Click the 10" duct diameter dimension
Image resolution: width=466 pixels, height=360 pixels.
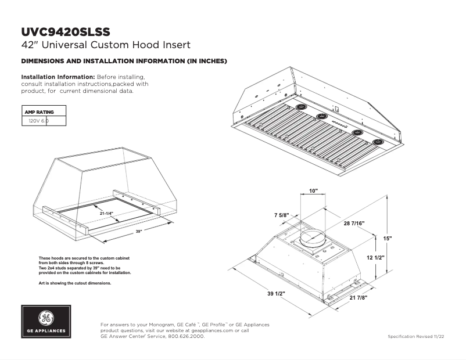pyautogui.click(x=314, y=190)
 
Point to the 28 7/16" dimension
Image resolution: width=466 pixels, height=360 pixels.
pyautogui.click(x=353, y=224)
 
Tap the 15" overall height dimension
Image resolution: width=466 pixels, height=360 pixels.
pyautogui.click(x=388, y=239)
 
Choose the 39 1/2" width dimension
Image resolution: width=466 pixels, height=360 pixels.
pyautogui.click(x=276, y=294)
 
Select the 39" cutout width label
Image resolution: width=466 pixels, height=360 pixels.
pyautogui.click(x=138, y=231)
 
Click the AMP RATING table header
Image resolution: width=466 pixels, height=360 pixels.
pyautogui.click(x=38, y=111)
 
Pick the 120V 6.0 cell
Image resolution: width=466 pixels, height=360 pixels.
pyautogui.click(x=38, y=121)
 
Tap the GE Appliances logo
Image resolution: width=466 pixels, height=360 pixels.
pyautogui.click(x=47, y=322)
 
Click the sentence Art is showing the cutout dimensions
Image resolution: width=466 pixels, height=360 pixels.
pyautogui.click(x=74, y=283)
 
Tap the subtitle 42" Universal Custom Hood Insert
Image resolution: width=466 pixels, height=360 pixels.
pyautogui.click(x=106, y=45)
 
